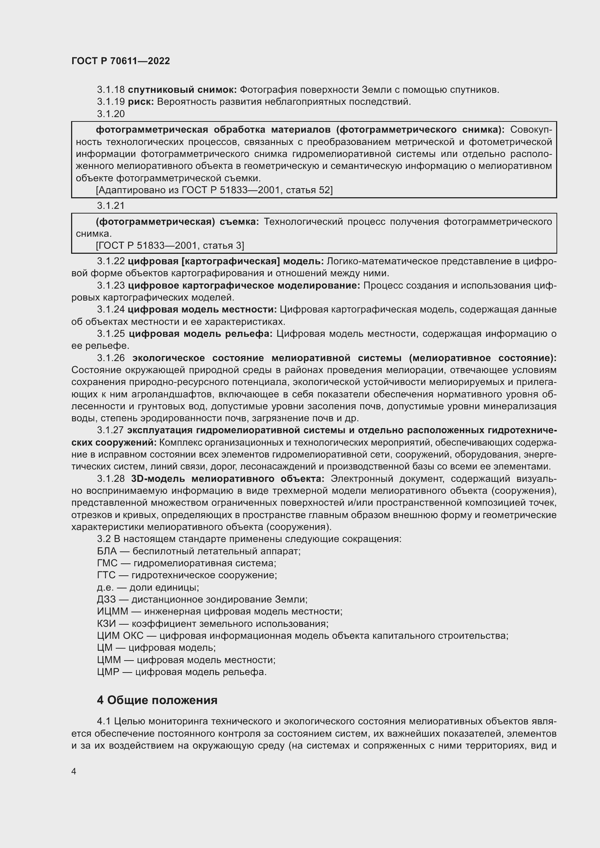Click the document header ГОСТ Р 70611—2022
(x=120, y=61)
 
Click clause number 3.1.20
(x=111, y=114)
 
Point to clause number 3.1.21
(x=111, y=205)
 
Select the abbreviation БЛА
(x=107, y=551)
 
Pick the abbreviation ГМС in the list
(x=107, y=563)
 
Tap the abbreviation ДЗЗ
(x=106, y=599)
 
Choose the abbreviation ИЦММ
(x=112, y=611)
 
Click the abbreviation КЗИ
(x=106, y=624)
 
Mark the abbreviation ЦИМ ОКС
(x=120, y=636)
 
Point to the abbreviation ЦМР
(x=108, y=672)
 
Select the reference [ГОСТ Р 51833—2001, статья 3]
(x=170, y=245)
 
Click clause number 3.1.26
(x=111, y=358)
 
